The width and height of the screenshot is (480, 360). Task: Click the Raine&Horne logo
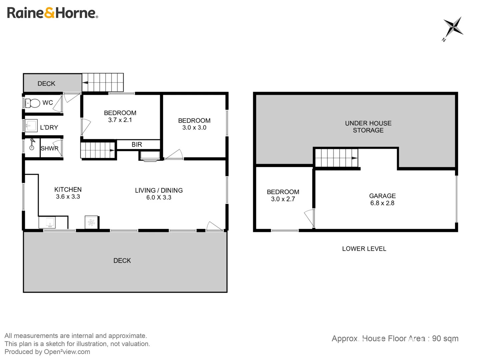[52, 13]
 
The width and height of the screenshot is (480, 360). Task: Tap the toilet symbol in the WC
[33, 103]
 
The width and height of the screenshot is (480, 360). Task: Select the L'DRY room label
[49, 127]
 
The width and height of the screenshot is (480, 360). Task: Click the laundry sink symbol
[31, 126]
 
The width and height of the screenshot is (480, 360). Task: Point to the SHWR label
[49, 148]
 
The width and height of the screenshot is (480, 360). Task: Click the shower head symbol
[32, 145]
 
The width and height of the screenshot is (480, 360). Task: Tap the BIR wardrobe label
[137, 144]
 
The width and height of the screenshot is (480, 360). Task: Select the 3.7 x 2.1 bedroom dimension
[120, 120]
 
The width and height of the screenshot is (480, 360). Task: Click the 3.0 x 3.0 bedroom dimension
[194, 128]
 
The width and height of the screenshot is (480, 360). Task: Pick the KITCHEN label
[68, 189]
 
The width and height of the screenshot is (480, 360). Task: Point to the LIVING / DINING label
[159, 190]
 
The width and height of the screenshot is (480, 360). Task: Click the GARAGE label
[382, 196]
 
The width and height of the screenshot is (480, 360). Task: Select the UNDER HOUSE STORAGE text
[368, 127]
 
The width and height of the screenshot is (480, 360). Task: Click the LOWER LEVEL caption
[364, 249]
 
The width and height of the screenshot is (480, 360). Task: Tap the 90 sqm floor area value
[445, 338]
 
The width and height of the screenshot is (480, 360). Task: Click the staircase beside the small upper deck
[103, 82]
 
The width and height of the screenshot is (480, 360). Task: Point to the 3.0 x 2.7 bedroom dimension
[283, 199]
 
